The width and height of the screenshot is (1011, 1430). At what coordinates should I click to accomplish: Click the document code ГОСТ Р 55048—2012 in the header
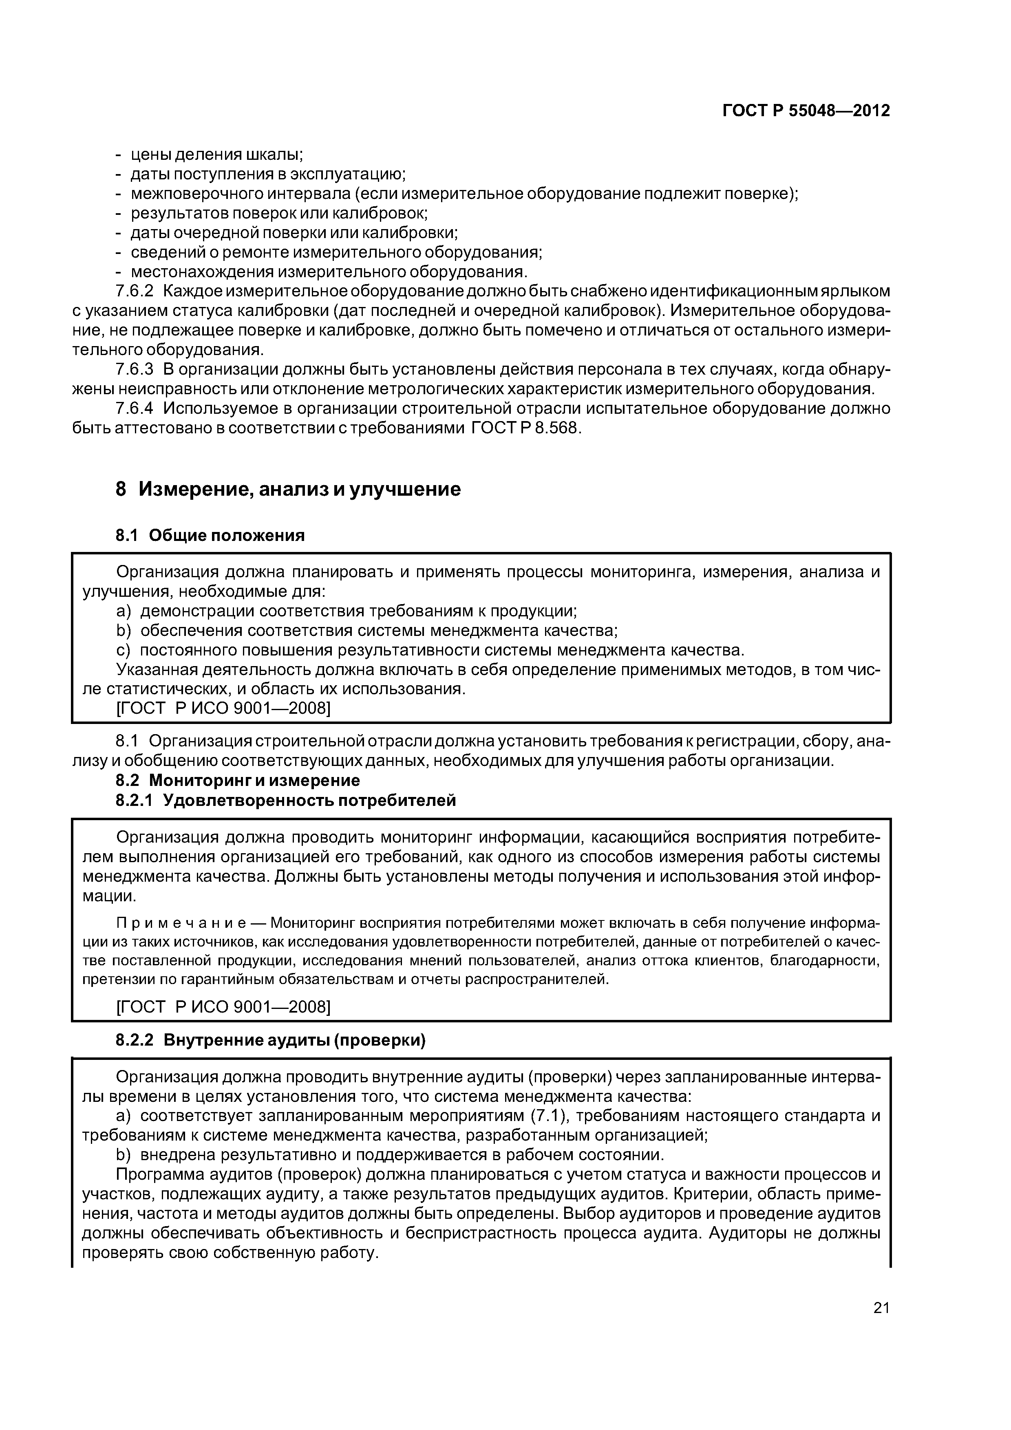(806, 111)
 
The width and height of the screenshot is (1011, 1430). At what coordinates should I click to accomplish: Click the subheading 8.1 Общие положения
(210, 535)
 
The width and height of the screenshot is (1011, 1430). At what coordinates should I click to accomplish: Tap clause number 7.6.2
(135, 291)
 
